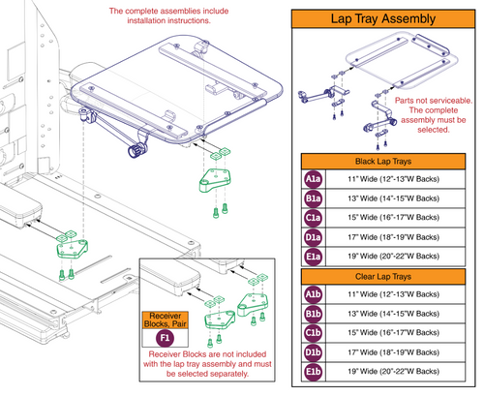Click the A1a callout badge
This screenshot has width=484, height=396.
click(x=313, y=178)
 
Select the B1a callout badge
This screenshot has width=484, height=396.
click(x=313, y=199)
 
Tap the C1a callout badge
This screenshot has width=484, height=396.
click(x=313, y=221)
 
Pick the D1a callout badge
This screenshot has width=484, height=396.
click(x=313, y=242)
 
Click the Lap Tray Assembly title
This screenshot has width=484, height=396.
click(x=387, y=17)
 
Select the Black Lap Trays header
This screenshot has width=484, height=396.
click(x=387, y=160)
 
